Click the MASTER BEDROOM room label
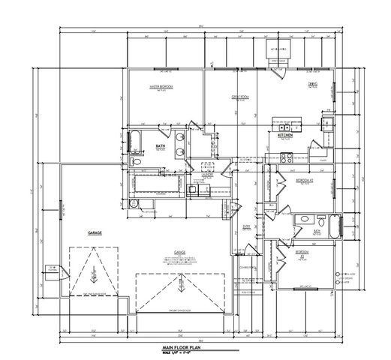pos(161,87)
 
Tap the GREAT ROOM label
pos(239,97)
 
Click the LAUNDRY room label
pos(208,174)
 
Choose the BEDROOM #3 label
pos(301,252)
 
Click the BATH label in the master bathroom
pos(161,146)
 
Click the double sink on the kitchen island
pos(287,127)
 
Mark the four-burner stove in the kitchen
pos(285,157)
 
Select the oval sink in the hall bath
pos(303,220)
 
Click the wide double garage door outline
pos(181,292)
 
